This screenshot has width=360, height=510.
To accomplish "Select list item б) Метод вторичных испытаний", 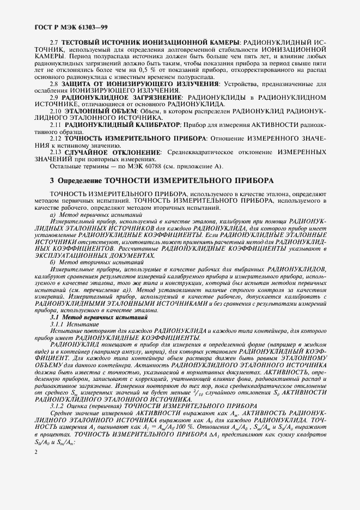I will tap(87, 262).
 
